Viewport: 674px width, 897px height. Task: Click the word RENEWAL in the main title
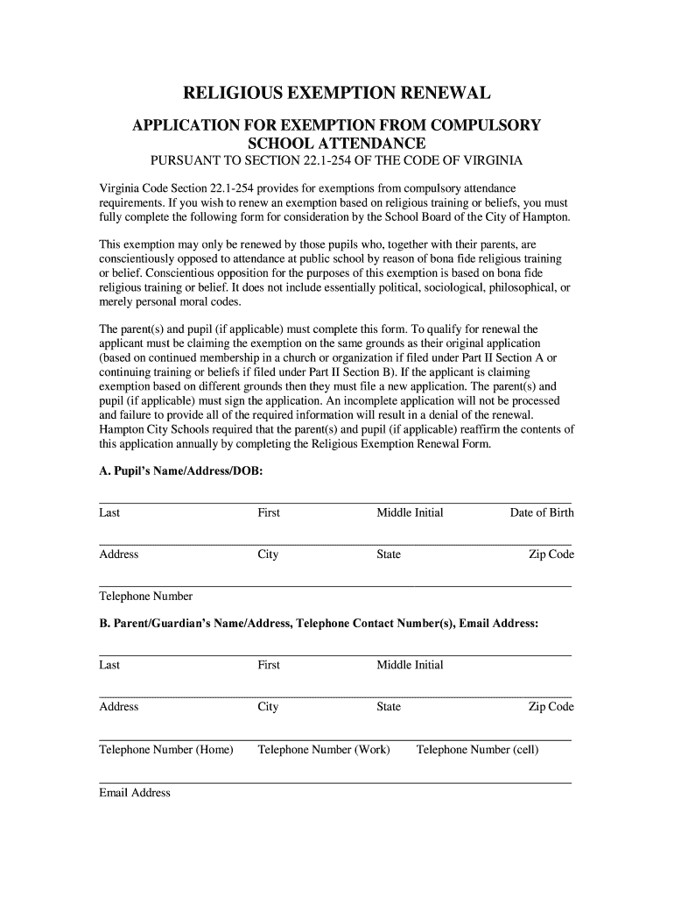point(432,94)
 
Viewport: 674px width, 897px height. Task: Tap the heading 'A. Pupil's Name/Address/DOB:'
point(180,471)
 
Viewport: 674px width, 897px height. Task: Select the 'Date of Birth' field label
point(542,512)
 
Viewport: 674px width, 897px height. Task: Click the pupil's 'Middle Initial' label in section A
point(410,512)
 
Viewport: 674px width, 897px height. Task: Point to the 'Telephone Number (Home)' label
point(166,749)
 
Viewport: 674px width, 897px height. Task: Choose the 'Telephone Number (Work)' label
point(324,749)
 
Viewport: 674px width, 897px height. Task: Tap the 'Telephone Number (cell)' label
point(477,749)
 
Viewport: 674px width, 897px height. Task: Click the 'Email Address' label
point(135,793)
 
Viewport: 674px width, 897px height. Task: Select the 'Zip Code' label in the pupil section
point(551,554)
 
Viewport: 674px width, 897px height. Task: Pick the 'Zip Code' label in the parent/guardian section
point(551,707)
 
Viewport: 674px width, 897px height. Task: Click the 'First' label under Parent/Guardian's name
point(269,665)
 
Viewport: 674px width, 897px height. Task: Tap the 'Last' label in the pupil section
point(109,512)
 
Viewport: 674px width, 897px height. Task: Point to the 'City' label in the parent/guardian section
point(268,707)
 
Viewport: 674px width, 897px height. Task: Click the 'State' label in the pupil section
point(389,554)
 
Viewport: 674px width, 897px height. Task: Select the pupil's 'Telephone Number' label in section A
point(145,597)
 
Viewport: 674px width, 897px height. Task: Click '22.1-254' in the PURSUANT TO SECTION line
point(326,161)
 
